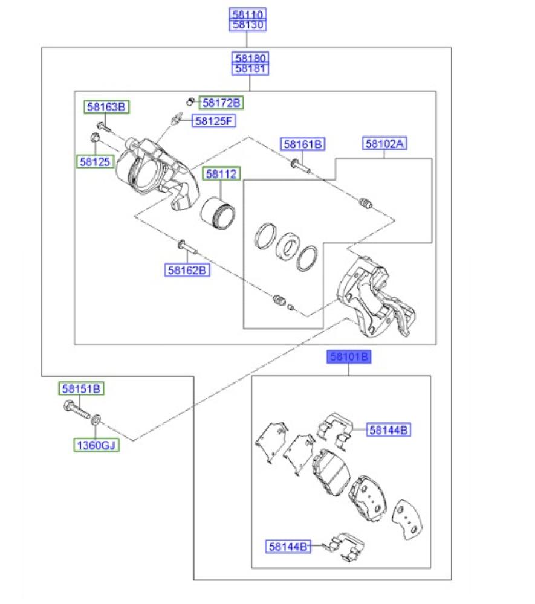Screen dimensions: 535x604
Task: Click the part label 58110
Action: click(247, 14)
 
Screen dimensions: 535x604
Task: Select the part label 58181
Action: click(250, 69)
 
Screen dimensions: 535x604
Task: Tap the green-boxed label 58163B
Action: click(106, 107)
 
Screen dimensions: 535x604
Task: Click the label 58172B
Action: click(221, 103)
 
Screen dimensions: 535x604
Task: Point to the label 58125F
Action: click(214, 121)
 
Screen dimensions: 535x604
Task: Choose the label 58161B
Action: click(303, 144)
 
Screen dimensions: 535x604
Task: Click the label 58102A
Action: click(384, 144)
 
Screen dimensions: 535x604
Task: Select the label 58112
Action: click(221, 174)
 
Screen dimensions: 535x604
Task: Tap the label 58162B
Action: click(187, 270)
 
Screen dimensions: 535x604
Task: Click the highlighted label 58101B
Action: click(349, 357)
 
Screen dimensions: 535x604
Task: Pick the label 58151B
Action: click(82, 388)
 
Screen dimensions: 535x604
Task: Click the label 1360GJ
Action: click(96, 445)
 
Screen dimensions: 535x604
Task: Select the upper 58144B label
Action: click(389, 430)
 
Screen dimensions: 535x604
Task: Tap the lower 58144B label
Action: click(288, 547)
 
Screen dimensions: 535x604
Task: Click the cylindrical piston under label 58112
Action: click(218, 214)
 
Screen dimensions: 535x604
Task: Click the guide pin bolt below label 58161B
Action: click(300, 166)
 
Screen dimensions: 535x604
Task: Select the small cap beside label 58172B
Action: click(189, 102)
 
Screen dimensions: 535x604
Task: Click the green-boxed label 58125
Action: click(95, 161)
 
